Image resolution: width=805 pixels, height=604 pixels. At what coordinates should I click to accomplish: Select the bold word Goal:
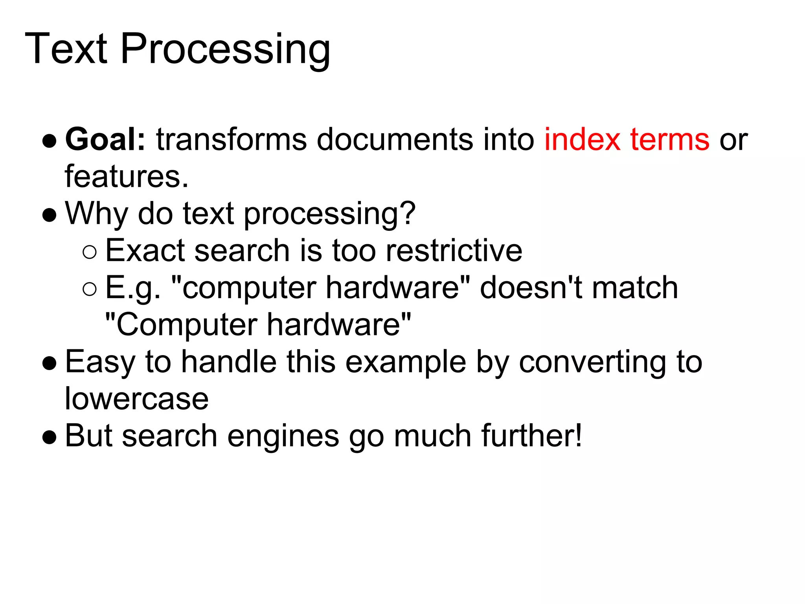pyautogui.click(x=105, y=139)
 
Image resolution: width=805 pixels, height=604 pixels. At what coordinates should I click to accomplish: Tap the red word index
pyautogui.click(x=582, y=139)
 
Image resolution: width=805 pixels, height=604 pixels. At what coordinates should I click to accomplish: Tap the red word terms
pyautogui.click(x=670, y=139)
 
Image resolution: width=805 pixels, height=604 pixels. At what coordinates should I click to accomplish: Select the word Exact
pyautogui.click(x=145, y=250)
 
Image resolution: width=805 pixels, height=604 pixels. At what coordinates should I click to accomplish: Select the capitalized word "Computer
pyautogui.click(x=181, y=325)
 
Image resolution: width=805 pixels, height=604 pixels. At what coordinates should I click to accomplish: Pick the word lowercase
pyautogui.click(x=136, y=399)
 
